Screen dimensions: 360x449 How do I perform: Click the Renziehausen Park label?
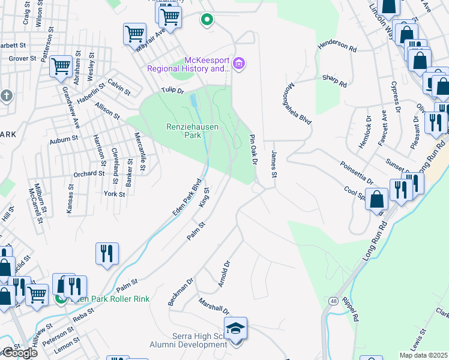coord(192,131)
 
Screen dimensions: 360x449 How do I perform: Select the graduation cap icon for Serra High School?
coord(235,329)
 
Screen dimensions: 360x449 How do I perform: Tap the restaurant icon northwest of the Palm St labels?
coord(107,253)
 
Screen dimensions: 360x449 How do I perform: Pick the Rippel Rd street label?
coord(351,307)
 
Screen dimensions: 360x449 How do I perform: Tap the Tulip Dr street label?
coord(171,90)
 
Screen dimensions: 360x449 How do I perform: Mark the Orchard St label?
coord(89,173)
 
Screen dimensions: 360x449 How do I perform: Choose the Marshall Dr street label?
coord(214,306)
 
